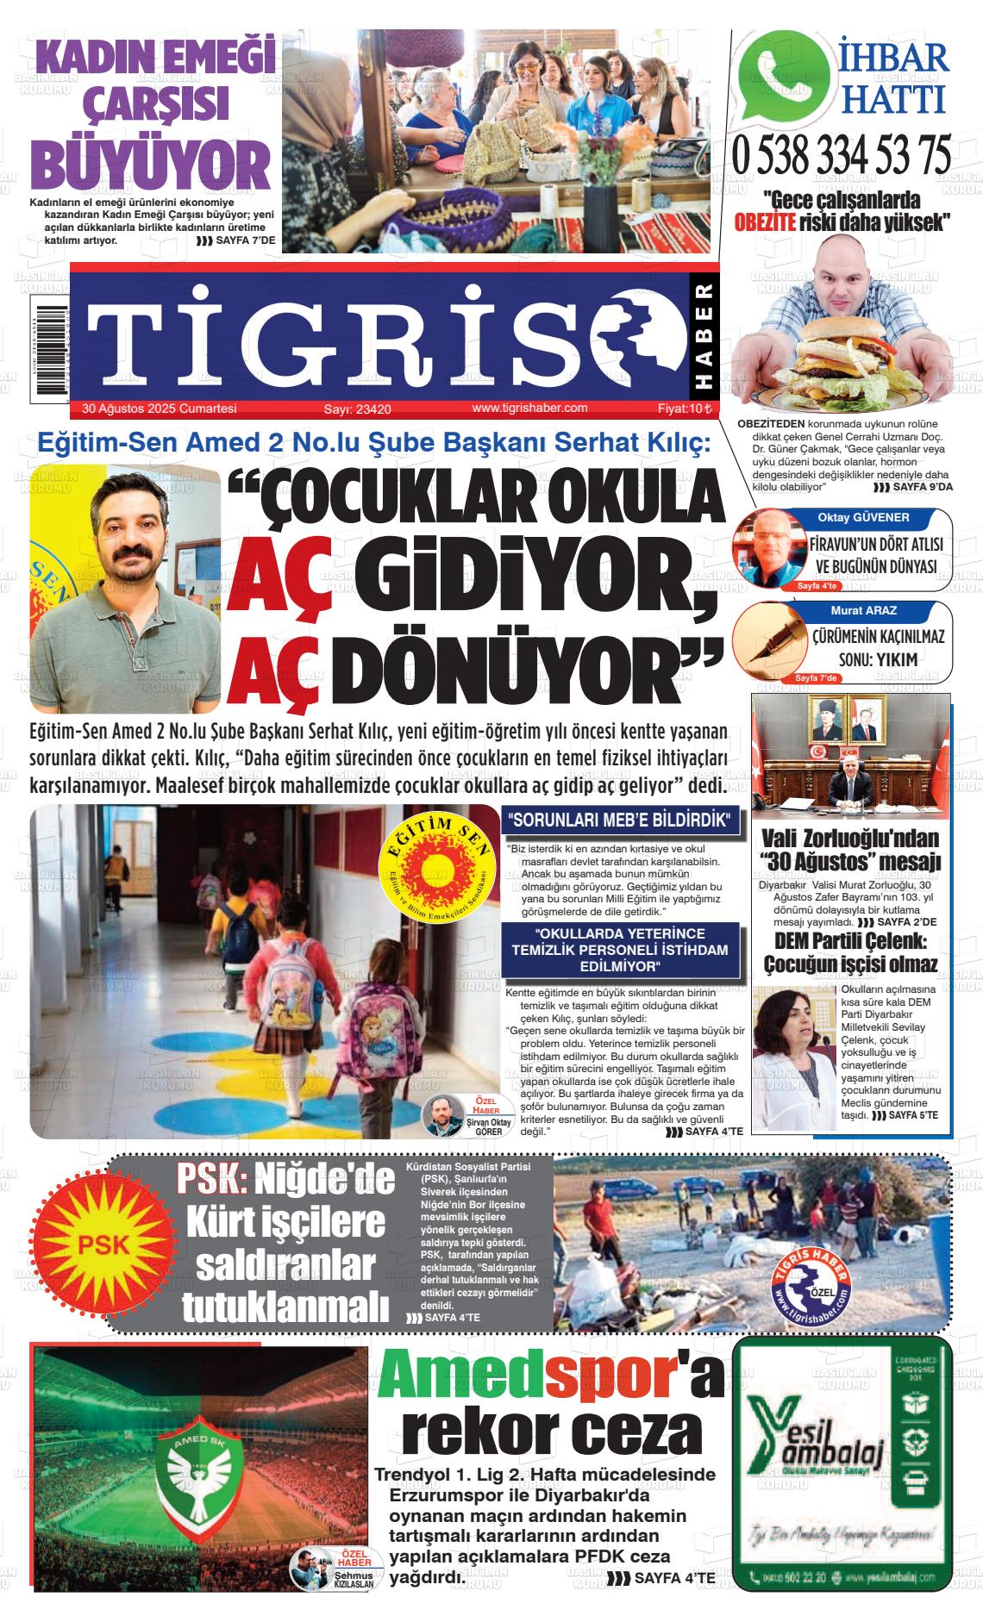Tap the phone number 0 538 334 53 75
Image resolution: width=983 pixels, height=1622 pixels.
(842, 156)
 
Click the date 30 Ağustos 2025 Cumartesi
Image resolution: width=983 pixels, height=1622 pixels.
(160, 409)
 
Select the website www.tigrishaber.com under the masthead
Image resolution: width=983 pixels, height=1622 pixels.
(529, 409)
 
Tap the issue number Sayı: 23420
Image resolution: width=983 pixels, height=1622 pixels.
(358, 409)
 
